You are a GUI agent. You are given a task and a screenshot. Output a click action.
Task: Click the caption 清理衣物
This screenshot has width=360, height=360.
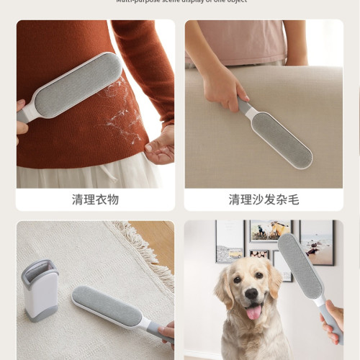pos(95,199)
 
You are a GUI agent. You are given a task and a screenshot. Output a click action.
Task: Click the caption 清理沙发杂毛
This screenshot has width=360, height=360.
pos(264,199)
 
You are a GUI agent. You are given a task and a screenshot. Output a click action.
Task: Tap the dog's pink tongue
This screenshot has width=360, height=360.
pos(254,311)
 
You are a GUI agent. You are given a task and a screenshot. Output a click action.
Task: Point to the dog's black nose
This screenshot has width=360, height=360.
pos(253,294)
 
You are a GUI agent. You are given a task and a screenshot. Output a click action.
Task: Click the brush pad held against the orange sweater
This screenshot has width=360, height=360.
pos(77,86)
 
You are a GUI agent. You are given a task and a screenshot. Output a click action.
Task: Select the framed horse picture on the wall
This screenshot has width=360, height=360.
pos(270,230)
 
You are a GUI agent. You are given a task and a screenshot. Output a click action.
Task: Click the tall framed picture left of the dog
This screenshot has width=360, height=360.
pos(230,241)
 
